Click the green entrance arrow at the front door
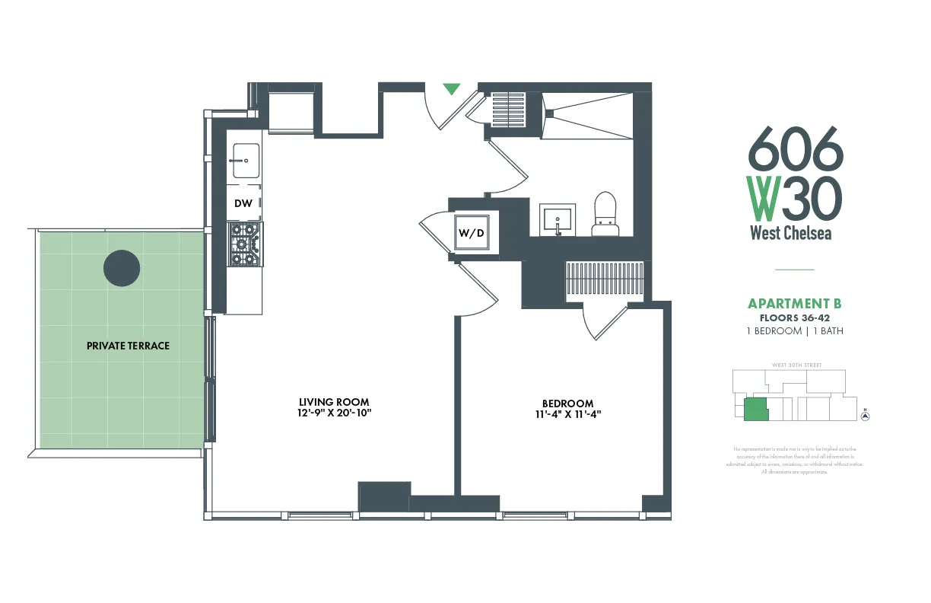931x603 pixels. pyautogui.click(x=452, y=89)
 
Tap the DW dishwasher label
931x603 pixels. pyautogui.click(x=243, y=203)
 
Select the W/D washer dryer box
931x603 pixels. pyautogui.click(x=470, y=233)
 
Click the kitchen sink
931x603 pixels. pyautogui.click(x=246, y=161)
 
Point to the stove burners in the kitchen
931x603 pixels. pyautogui.click(x=243, y=244)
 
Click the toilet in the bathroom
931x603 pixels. pyautogui.click(x=605, y=215)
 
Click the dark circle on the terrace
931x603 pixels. pyautogui.click(x=122, y=268)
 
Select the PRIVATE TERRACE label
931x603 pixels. pyautogui.click(x=128, y=346)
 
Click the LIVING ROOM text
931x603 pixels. pyautogui.click(x=334, y=402)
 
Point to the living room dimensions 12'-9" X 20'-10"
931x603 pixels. pyautogui.click(x=334, y=413)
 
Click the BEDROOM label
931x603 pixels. pyautogui.click(x=567, y=404)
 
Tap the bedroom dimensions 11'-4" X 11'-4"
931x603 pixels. pyautogui.click(x=567, y=415)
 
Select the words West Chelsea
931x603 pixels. pyautogui.click(x=791, y=233)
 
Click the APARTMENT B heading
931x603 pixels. pyautogui.click(x=795, y=304)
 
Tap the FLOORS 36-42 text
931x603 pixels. pyautogui.click(x=795, y=317)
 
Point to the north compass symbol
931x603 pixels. pyautogui.click(x=865, y=416)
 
